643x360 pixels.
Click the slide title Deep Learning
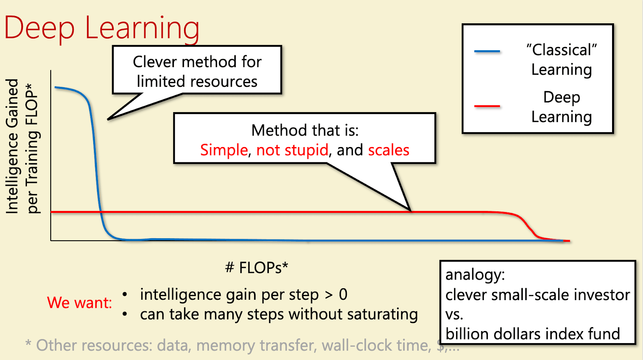click(x=102, y=29)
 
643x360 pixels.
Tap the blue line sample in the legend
click(x=487, y=51)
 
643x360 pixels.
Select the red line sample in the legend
click(x=487, y=106)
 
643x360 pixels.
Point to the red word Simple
click(x=224, y=150)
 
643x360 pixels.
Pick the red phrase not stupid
click(x=292, y=150)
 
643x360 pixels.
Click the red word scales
click(x=389, y=150)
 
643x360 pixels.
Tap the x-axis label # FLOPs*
click(x=257, y=268)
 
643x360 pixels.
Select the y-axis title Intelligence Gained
click(x=12, y=146)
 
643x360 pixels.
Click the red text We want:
click(x=80, y=303)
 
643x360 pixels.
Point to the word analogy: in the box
click(x=475, y=275)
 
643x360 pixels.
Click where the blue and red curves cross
click(x=100, y=212)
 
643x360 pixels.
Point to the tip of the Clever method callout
click(x=108, y=119)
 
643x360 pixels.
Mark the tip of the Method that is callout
click(x=410, y=211)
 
